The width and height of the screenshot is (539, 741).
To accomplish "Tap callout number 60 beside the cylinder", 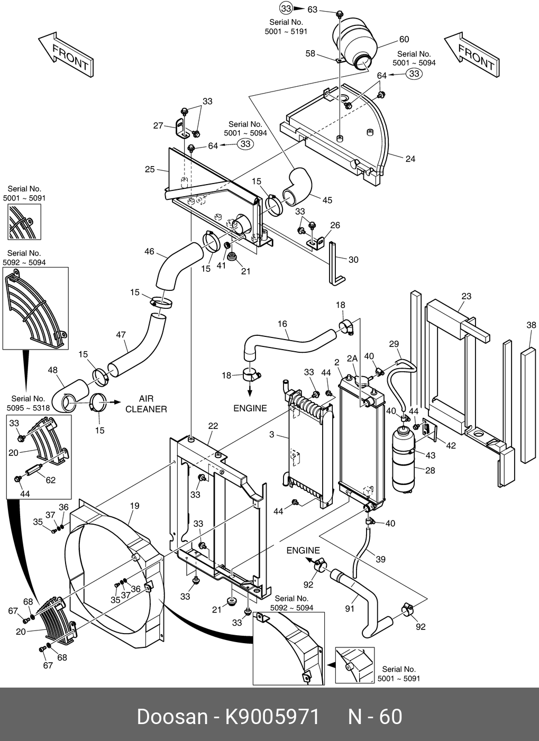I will coord(404,40).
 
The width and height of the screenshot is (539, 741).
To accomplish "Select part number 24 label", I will coord(410,159).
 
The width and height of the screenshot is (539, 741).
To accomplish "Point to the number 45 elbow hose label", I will coord(327,200).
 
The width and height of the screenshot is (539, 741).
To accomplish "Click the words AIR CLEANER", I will coord(146,404).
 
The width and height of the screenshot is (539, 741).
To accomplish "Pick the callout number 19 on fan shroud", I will coord(135,506).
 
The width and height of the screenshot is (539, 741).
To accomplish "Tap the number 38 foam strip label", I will coord(532,326).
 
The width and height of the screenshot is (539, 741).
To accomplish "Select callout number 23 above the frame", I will coord(466,296).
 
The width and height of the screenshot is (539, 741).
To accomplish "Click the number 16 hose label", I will coord(282,324).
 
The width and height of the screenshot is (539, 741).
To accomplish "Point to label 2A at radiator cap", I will coord(352,359).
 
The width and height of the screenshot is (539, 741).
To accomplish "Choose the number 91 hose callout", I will coord(350,609).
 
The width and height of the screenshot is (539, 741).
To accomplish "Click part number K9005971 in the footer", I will coord(273,717).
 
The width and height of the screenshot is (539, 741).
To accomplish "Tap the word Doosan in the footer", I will coord(172,717).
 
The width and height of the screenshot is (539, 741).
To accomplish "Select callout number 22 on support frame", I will coord(213,426).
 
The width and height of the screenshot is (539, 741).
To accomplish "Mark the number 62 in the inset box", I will coord(51,481).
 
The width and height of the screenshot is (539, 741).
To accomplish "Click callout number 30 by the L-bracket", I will coord(353,260).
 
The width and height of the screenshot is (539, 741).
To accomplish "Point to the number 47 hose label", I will coord(121,334).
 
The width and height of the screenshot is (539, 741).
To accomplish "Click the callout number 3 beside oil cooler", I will coord(271,435).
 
